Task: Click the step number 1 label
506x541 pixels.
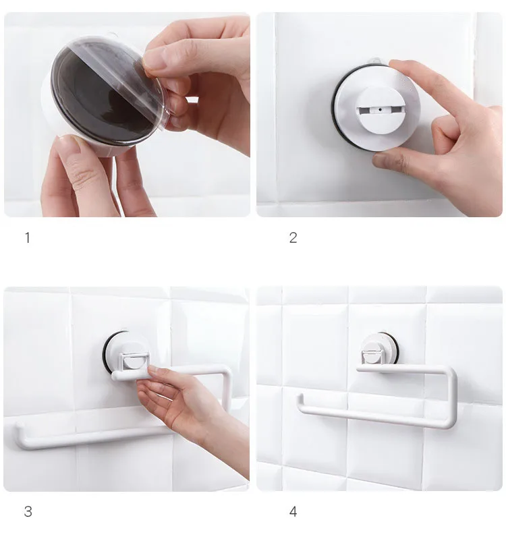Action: click(28, 237)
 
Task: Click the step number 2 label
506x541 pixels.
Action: click(293, 237)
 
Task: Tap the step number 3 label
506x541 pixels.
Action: click(28, 511)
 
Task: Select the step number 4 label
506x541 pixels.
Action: click(293, 511)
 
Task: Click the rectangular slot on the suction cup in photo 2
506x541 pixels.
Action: click(378, 111)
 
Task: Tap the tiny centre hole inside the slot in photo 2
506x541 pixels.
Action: click(380, 110)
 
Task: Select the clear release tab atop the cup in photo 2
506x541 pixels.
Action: click(374, 61)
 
